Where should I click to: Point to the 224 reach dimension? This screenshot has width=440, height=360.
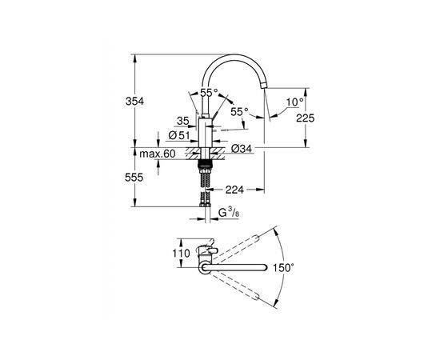click(234, 190)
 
